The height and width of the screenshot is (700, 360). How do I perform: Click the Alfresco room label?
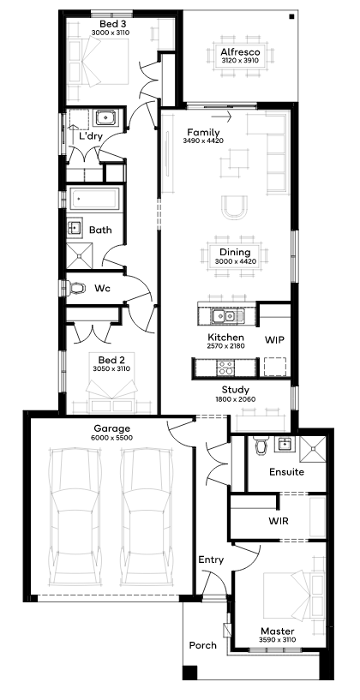point(240,51)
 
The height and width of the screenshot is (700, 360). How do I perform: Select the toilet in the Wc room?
point(76,288)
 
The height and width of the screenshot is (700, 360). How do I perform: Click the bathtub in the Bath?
point(94,200)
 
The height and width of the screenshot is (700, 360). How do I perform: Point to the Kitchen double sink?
point(224,316)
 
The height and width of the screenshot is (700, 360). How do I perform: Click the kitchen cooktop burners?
point(225,368)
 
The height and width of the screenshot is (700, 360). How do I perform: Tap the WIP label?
point(274,340)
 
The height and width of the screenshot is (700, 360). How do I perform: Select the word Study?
point(235,390)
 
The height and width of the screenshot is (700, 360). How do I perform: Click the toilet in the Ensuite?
point(261,445)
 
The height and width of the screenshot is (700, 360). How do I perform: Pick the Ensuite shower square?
point(313,449)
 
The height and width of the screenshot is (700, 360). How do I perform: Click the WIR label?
point(279,521)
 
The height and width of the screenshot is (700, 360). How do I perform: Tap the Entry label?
point(211,559)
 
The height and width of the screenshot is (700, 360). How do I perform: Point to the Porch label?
point(203,645)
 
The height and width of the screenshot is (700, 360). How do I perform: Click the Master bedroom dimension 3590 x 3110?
point(278,639)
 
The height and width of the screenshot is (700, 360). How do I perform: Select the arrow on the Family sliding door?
point(221,117)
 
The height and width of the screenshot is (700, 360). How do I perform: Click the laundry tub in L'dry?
point(106,118)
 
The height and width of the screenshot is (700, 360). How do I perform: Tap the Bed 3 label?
point(111,24)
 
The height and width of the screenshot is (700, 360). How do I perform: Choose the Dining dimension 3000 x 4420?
point(235,261)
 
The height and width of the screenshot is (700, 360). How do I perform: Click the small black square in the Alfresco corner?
point(291,17)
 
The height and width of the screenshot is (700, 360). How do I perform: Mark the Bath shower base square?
point(80,256)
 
